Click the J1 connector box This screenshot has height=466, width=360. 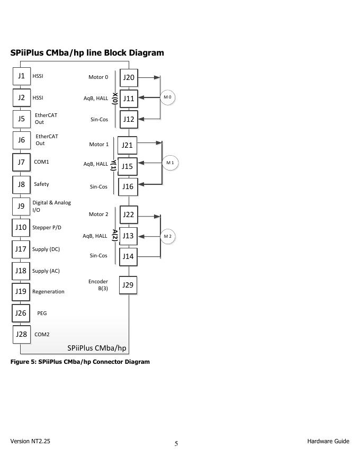pos(21,76)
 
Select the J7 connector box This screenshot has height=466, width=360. pos(21,162)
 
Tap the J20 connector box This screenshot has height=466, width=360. pos(129,77)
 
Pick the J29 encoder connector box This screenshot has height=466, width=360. pos(128,285)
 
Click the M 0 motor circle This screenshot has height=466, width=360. pos(168,97)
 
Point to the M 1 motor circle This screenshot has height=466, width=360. pos(170,163)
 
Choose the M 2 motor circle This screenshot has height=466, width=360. pos(168,236)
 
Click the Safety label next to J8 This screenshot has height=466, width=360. pos(41,184)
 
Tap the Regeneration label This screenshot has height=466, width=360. pos(48,292)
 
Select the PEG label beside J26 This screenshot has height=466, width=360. pos(42,313)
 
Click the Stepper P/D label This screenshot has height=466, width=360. pos(47,228)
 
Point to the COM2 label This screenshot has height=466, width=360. pos(42,335)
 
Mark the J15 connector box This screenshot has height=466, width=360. pos(127,166)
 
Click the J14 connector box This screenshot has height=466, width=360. pos(128,257)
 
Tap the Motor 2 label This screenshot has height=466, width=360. pos(98,214)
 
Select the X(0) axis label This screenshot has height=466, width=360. pos(115,98)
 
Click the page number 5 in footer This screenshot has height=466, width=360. pos(176,444)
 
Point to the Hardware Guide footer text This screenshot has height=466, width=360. pos(328,441)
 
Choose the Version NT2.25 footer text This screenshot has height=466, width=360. pos(30,441)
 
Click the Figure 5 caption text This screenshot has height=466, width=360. pos(80,362)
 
